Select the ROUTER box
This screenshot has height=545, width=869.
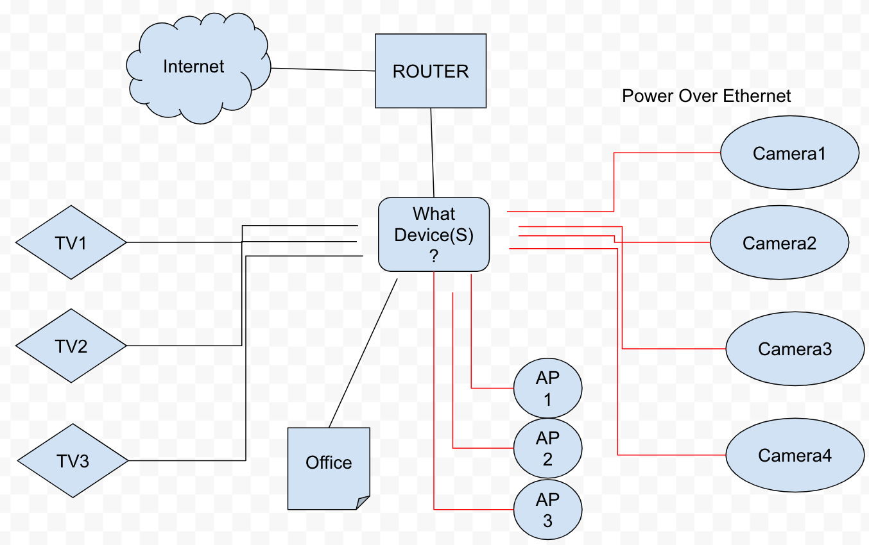coord(431,71)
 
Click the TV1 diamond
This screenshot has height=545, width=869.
coord(71,242)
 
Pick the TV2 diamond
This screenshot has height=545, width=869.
coord(71,346)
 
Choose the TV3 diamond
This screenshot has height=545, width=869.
coord(73,460)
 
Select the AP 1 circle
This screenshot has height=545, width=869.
coord(547,389)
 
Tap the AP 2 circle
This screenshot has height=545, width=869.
coord(547,449)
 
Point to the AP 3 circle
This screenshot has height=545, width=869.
coord(547,510)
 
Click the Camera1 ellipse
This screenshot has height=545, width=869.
coord(789,154)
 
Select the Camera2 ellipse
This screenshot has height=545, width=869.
coord(779,243)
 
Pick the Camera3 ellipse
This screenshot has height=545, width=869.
coord(795,349)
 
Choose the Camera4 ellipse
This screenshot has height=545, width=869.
coord(795,455)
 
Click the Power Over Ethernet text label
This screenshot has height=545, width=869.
coord(706,96)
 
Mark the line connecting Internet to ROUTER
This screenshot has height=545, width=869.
coord(323,70)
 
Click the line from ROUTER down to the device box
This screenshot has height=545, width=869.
coord(433,153)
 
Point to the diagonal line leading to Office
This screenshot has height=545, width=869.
coord(363,353)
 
